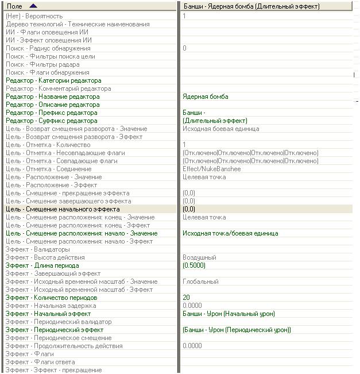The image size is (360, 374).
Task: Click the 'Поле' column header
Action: [x=14, y=6]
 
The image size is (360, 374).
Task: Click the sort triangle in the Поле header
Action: [x=32, y=6]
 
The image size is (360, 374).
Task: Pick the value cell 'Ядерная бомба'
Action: [x=205, y=97]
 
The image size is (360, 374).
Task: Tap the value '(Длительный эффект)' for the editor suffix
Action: [x=215, y=121]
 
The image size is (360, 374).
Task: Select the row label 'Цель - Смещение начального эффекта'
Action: [x=63, y=210]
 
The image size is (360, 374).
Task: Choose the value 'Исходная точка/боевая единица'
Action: [x=230, y=234]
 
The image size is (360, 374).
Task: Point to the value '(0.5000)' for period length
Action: [x=193, y=266]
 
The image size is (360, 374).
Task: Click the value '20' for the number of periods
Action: [x=186, y=298]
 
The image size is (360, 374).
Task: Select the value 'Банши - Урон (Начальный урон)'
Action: [x=229, y=314]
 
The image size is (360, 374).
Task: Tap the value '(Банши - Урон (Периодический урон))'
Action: [x=237, y=330]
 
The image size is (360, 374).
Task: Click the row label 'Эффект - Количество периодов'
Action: [x=51, y=298]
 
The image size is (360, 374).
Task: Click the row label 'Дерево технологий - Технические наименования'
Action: [x=78, y=25]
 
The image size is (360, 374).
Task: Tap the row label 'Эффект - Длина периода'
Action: [x=42, y=266]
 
